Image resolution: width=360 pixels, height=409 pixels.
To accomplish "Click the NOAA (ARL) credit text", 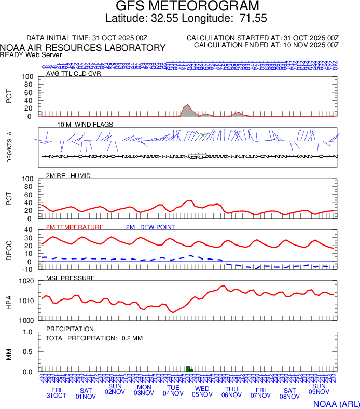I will [336, 403].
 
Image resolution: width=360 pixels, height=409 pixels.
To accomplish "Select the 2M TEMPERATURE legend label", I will [75, 227].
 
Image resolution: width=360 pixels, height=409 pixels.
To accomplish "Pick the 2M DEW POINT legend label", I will [150, 227].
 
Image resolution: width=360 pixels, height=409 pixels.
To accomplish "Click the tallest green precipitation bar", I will [187, 369].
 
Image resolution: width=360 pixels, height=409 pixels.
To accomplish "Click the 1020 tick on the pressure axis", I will [26, 281].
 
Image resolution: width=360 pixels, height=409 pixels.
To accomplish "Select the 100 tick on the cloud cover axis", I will [26, 77].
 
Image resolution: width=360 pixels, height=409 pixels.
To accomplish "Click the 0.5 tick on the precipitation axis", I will [27, 352].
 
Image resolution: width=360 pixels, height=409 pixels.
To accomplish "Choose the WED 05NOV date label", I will [202, 391].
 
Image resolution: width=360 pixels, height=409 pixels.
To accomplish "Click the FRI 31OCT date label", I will [57, 392].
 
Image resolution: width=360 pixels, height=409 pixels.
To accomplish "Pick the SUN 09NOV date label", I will [319, 389].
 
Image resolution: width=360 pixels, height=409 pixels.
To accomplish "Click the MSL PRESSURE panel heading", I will [71, 278].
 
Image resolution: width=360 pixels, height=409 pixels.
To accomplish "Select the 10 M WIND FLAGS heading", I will [85, 125].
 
